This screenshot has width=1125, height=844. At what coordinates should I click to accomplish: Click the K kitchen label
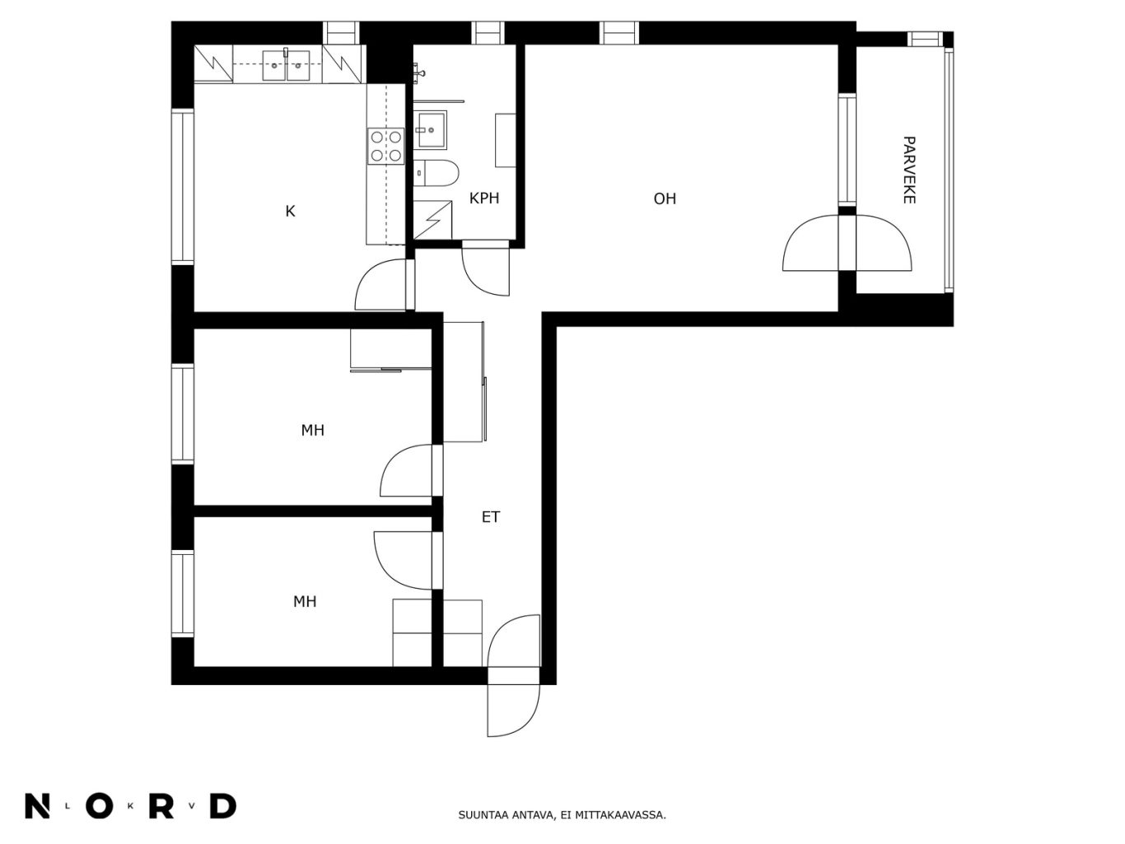click(290, 211)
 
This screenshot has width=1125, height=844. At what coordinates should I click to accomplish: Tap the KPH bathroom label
click(483, 198)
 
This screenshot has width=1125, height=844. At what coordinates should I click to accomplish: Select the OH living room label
click(665, 198)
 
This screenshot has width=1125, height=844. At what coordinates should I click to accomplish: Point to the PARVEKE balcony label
click(908, 170)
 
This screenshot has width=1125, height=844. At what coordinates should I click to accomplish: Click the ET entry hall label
click(491, 517)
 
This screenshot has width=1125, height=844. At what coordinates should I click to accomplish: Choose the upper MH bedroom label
click(313, 430)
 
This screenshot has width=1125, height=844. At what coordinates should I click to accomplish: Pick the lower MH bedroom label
click(305, 601)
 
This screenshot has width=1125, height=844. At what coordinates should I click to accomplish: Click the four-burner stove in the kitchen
click(386, 147)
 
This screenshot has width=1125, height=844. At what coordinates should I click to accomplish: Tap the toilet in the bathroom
click(436, 173)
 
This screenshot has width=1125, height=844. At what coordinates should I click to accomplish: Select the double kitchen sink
click(286, 65)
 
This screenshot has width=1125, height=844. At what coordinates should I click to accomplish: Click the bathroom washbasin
click(430, 130)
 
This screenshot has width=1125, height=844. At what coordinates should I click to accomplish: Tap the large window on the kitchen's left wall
click(183, 186)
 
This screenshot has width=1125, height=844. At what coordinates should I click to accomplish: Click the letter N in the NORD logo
click(37, 806)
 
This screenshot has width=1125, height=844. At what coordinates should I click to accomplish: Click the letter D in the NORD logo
click(223, 806)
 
